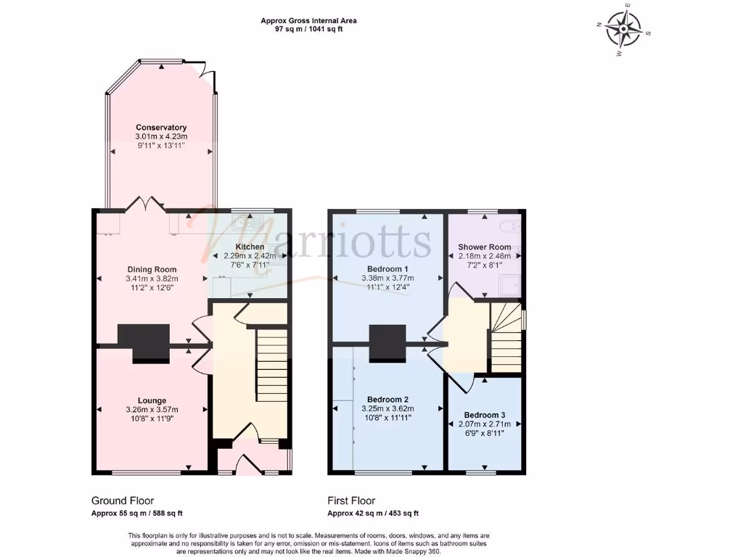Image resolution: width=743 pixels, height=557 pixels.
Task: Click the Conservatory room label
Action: (161, 128)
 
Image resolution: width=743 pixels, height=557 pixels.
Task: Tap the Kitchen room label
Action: (250, 247)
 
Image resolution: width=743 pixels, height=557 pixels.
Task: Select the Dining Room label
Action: (150, 270)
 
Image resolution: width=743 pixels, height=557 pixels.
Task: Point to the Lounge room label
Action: (152, 400)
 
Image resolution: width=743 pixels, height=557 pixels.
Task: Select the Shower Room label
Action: (484, 247)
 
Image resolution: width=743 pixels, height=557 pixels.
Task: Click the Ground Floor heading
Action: (123, 500)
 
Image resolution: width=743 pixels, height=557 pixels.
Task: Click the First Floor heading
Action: (351, 500)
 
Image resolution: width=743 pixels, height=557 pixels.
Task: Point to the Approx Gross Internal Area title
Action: (309, 21)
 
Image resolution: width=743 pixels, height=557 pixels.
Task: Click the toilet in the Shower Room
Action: (514, 225)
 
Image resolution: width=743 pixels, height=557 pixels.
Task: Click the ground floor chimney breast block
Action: (144, 342)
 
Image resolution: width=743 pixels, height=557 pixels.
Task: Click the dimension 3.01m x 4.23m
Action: (161, 136)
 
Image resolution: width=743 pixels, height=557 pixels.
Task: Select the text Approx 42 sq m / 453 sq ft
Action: (372, 513)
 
